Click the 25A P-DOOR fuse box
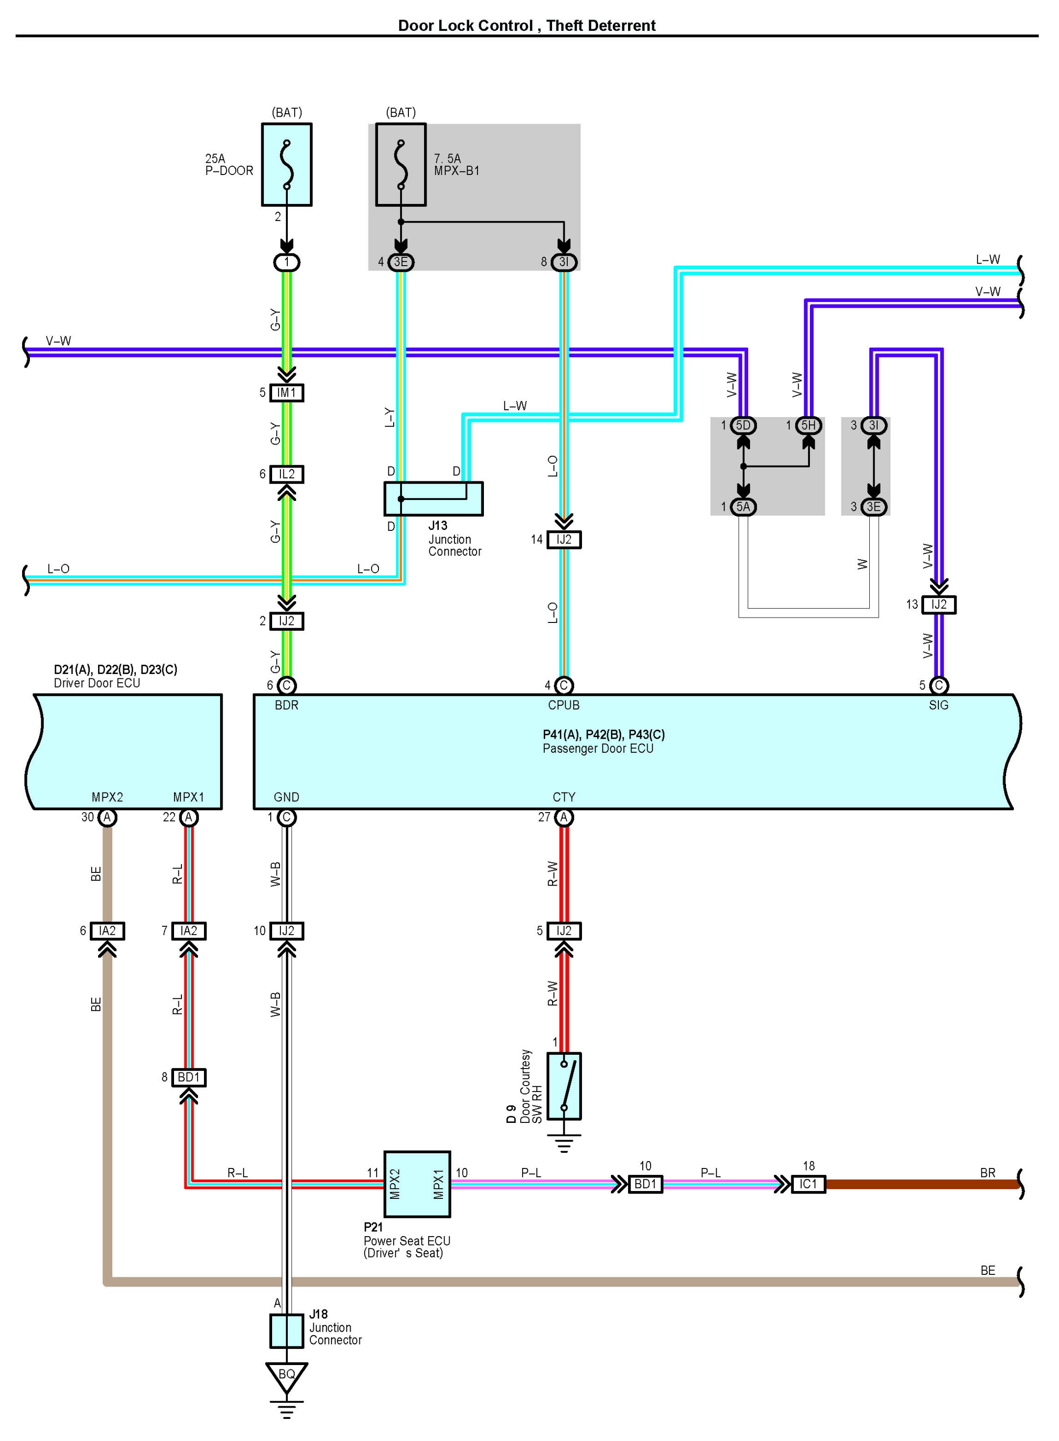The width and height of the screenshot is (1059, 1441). click(x=286, y=165)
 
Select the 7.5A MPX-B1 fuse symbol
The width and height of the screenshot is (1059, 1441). click(x=401, y=165)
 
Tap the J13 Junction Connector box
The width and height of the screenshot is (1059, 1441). click(x=433, y=498)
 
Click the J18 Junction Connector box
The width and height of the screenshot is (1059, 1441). click(x=286, y=1331)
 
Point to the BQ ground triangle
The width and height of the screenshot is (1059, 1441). click(x=286, y=1376)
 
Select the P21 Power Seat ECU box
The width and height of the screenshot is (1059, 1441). click(x=417, y=1184)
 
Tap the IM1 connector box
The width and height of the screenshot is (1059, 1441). click(x=286, y=393)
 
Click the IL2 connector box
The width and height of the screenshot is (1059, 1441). click(x=286, y=474)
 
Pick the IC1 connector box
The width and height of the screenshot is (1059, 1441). click(x=808, y=1184)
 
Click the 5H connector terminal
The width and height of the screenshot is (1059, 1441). click(x=808, y=425)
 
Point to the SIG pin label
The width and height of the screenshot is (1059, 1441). click(x=938, y=705)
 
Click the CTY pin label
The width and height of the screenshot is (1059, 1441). click(x=564, y=797)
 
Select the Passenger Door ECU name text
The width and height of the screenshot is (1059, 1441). click(x=598, y=748)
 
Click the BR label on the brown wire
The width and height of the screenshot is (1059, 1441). click(x=988, y=1172)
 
